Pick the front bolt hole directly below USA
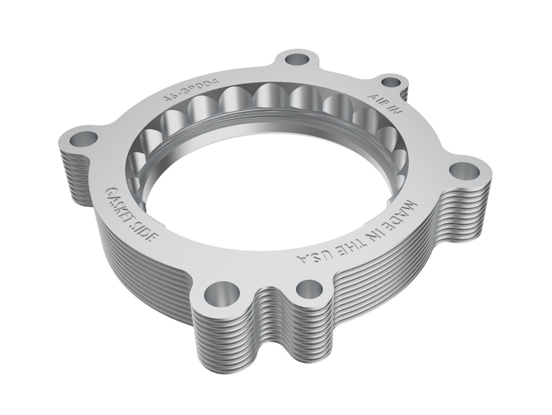(310, 288)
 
